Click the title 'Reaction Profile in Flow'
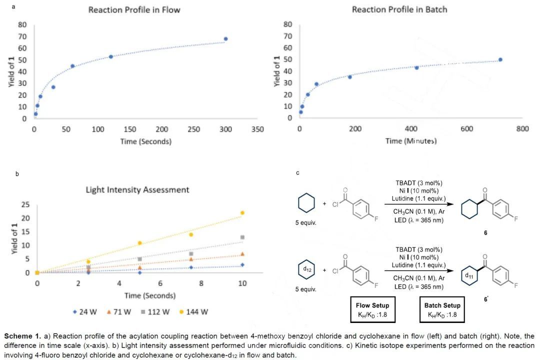pyautogui.click(x=134, y=10)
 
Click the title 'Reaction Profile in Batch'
pyautogui.click(x=399, y=9)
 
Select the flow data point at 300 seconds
pyautogui.click(x=225, y=39)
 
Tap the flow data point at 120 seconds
pyautogui.click(x=111, y=56)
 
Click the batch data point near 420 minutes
pyautogui.click(x=416, y=67)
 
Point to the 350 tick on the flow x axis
pyautogui.click(x=257, y=129)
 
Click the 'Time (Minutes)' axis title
pyautogui.click(x=410, y=141)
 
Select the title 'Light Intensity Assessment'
pyautogui.click(x=137, y=190)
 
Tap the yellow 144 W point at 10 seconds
pyautogui.click(x=242, y=212)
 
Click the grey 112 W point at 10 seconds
pyautogui.click(x=242, y=237)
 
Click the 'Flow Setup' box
pyautogui.click(x=372, y=310)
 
